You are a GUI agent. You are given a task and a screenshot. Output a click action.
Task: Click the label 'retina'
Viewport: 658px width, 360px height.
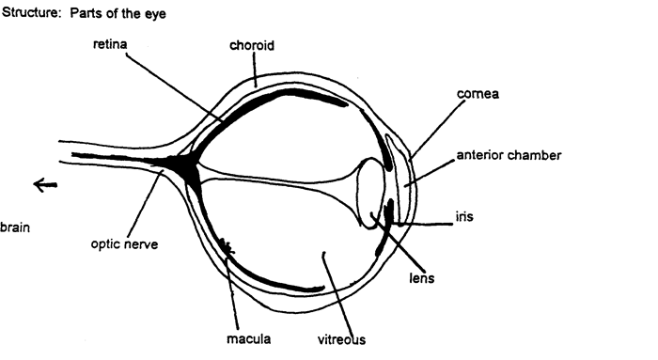pyautogui.click(x=109, y=45)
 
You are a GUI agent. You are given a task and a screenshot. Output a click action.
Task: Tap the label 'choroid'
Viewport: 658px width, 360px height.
pyautogui.click(x=251, y=45)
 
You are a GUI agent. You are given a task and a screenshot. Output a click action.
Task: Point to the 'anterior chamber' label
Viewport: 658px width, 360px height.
pyautogui.click(x=509, y=155)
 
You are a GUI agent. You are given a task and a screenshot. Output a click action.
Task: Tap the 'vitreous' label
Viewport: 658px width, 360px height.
pyautogui.click(x=340, y=338)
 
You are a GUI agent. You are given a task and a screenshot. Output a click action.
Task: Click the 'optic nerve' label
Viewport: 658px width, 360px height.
pyautogui.click(x=124, y=244)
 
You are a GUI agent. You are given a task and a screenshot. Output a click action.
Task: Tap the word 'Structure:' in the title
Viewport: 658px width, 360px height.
pyautogui.click(x=32, y=16)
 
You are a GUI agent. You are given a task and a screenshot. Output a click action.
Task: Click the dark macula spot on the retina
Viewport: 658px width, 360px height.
pyautogui.click(x=226, y=246)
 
